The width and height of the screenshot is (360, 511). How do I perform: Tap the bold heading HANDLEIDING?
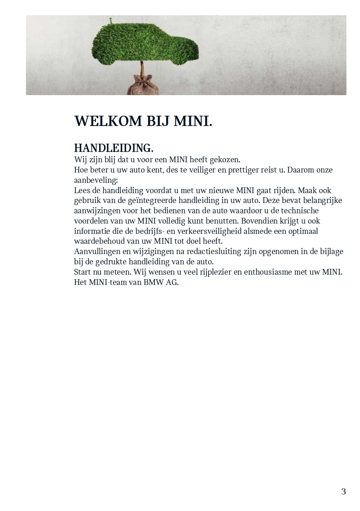(x=114, y=148)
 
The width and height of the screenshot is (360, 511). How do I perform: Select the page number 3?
(x=344, y=491)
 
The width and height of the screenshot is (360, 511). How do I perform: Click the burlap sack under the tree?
(x=143, y=85)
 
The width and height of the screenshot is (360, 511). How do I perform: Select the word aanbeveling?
(x=96, y=180)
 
